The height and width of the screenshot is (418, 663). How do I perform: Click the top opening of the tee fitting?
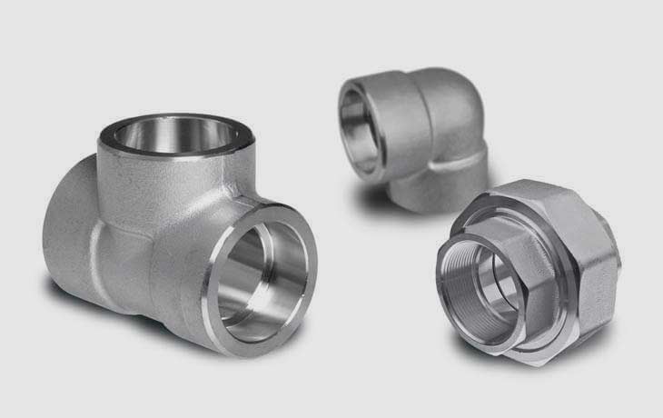(175, 136)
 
